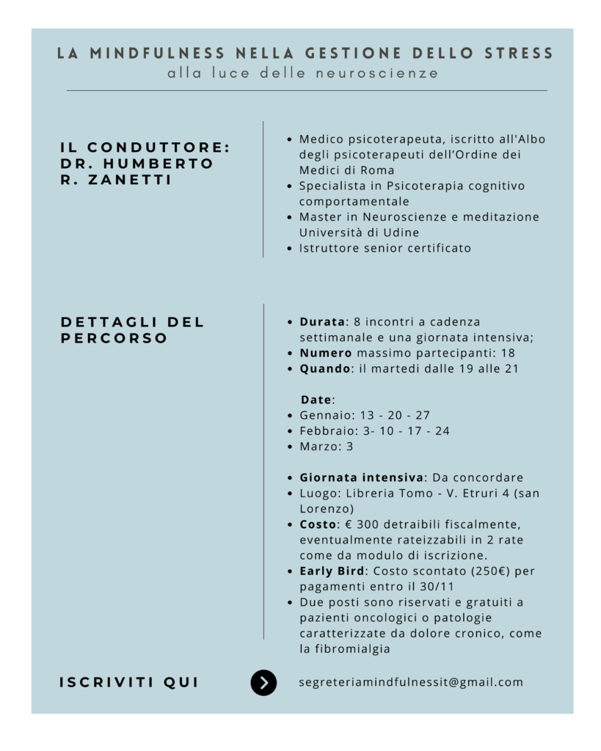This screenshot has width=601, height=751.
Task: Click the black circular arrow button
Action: pos(263,683)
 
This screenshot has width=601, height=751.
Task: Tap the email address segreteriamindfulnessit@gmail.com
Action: pos(411,682)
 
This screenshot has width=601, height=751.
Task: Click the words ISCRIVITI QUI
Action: pos(129,683)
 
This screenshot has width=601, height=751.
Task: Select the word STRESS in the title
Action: pos(519,54)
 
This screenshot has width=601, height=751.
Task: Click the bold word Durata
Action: pos(322,322)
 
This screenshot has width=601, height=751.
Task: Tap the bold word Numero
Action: pos(326,353)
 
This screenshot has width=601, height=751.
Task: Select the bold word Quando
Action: pos(326,369)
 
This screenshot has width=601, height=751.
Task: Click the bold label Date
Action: pos(316,400)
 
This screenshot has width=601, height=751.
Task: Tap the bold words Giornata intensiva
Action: pos(361,477)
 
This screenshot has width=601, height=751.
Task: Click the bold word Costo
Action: pos(318,525)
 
